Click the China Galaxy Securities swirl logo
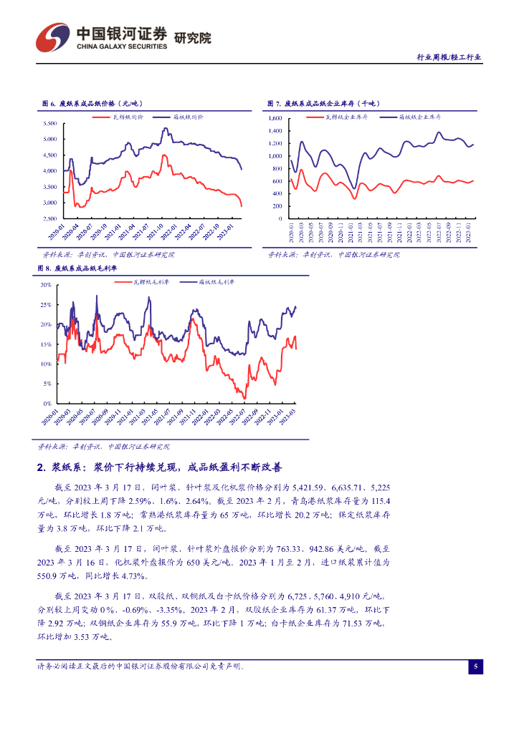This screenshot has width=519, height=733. click(52, 37)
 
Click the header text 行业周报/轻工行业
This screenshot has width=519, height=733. click(449, 57)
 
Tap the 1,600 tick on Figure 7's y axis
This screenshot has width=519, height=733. click(277, 118)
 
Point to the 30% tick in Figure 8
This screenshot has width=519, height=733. click(46, 285)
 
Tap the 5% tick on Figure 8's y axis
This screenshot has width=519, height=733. click(47, 384)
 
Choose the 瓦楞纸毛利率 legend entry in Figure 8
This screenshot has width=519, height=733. click(151, 283)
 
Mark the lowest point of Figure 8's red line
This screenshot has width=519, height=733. click(244, 398)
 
